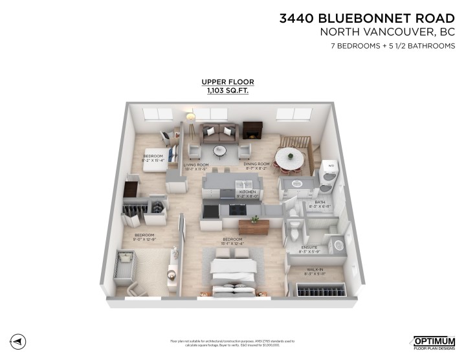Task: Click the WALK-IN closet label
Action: (315, 269)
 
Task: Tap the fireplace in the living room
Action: (252, 131)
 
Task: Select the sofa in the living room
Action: (217, 133)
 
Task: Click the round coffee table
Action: (220, 151)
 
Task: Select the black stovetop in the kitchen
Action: (238, 209)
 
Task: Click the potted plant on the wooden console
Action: (255, 220)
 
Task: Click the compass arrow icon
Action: (19, 341)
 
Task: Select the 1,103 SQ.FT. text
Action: (228, 92)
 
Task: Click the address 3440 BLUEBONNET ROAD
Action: (367, 19)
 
